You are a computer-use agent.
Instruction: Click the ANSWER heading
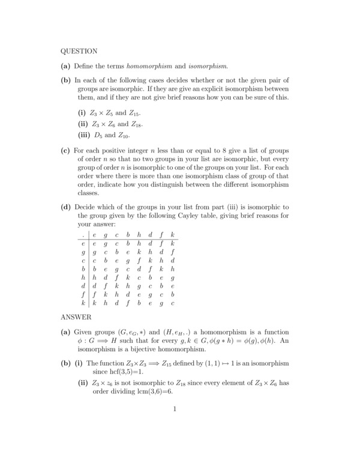pyautogui.click(x=75, y=316)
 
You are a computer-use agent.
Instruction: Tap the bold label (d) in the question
pyautogui.click(x=66, y=208)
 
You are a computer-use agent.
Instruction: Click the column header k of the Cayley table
pyautogui.click(x=172, y=235)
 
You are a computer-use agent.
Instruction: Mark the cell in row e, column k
pyautogui.click(x=172, y=244)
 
